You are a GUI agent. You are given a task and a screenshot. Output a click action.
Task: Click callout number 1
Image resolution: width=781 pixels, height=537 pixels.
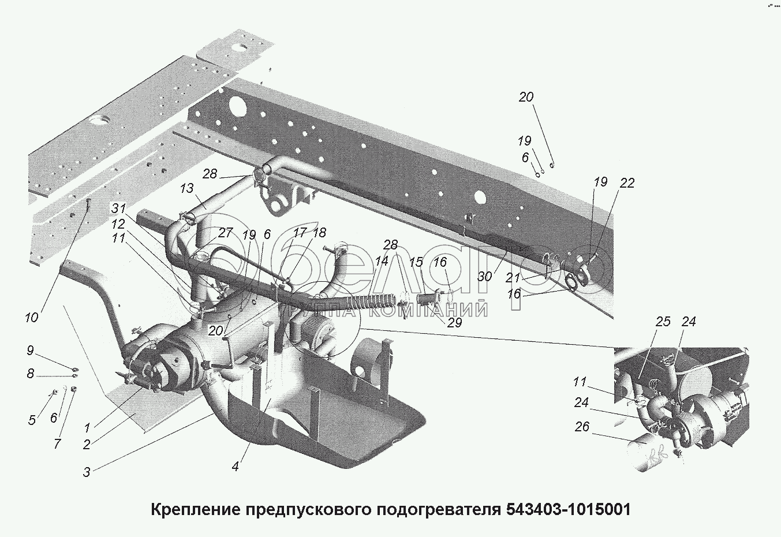[87, 428]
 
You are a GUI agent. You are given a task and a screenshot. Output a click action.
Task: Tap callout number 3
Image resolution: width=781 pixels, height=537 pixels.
[87, 472]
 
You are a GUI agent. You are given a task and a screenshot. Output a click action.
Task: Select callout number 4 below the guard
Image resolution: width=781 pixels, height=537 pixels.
[236, 466]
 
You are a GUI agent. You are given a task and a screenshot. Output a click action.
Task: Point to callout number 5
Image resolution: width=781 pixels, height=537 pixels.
[32, 420]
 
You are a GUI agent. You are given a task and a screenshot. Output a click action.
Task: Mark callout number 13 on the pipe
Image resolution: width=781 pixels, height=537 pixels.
[186, 188]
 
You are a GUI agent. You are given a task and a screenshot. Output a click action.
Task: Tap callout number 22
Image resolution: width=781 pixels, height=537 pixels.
[627, 183]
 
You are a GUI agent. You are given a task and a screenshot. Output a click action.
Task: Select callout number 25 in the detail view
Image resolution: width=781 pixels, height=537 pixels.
[663, 321]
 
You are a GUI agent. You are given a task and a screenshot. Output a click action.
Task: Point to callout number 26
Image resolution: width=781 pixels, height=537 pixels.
[582, 427]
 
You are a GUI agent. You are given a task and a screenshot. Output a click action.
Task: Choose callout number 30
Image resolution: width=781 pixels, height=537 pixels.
[485, 277]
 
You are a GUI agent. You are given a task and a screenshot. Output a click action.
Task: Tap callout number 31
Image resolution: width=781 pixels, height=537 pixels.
[119, 208]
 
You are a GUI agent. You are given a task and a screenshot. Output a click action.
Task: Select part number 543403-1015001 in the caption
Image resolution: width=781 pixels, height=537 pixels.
[568, 510]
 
